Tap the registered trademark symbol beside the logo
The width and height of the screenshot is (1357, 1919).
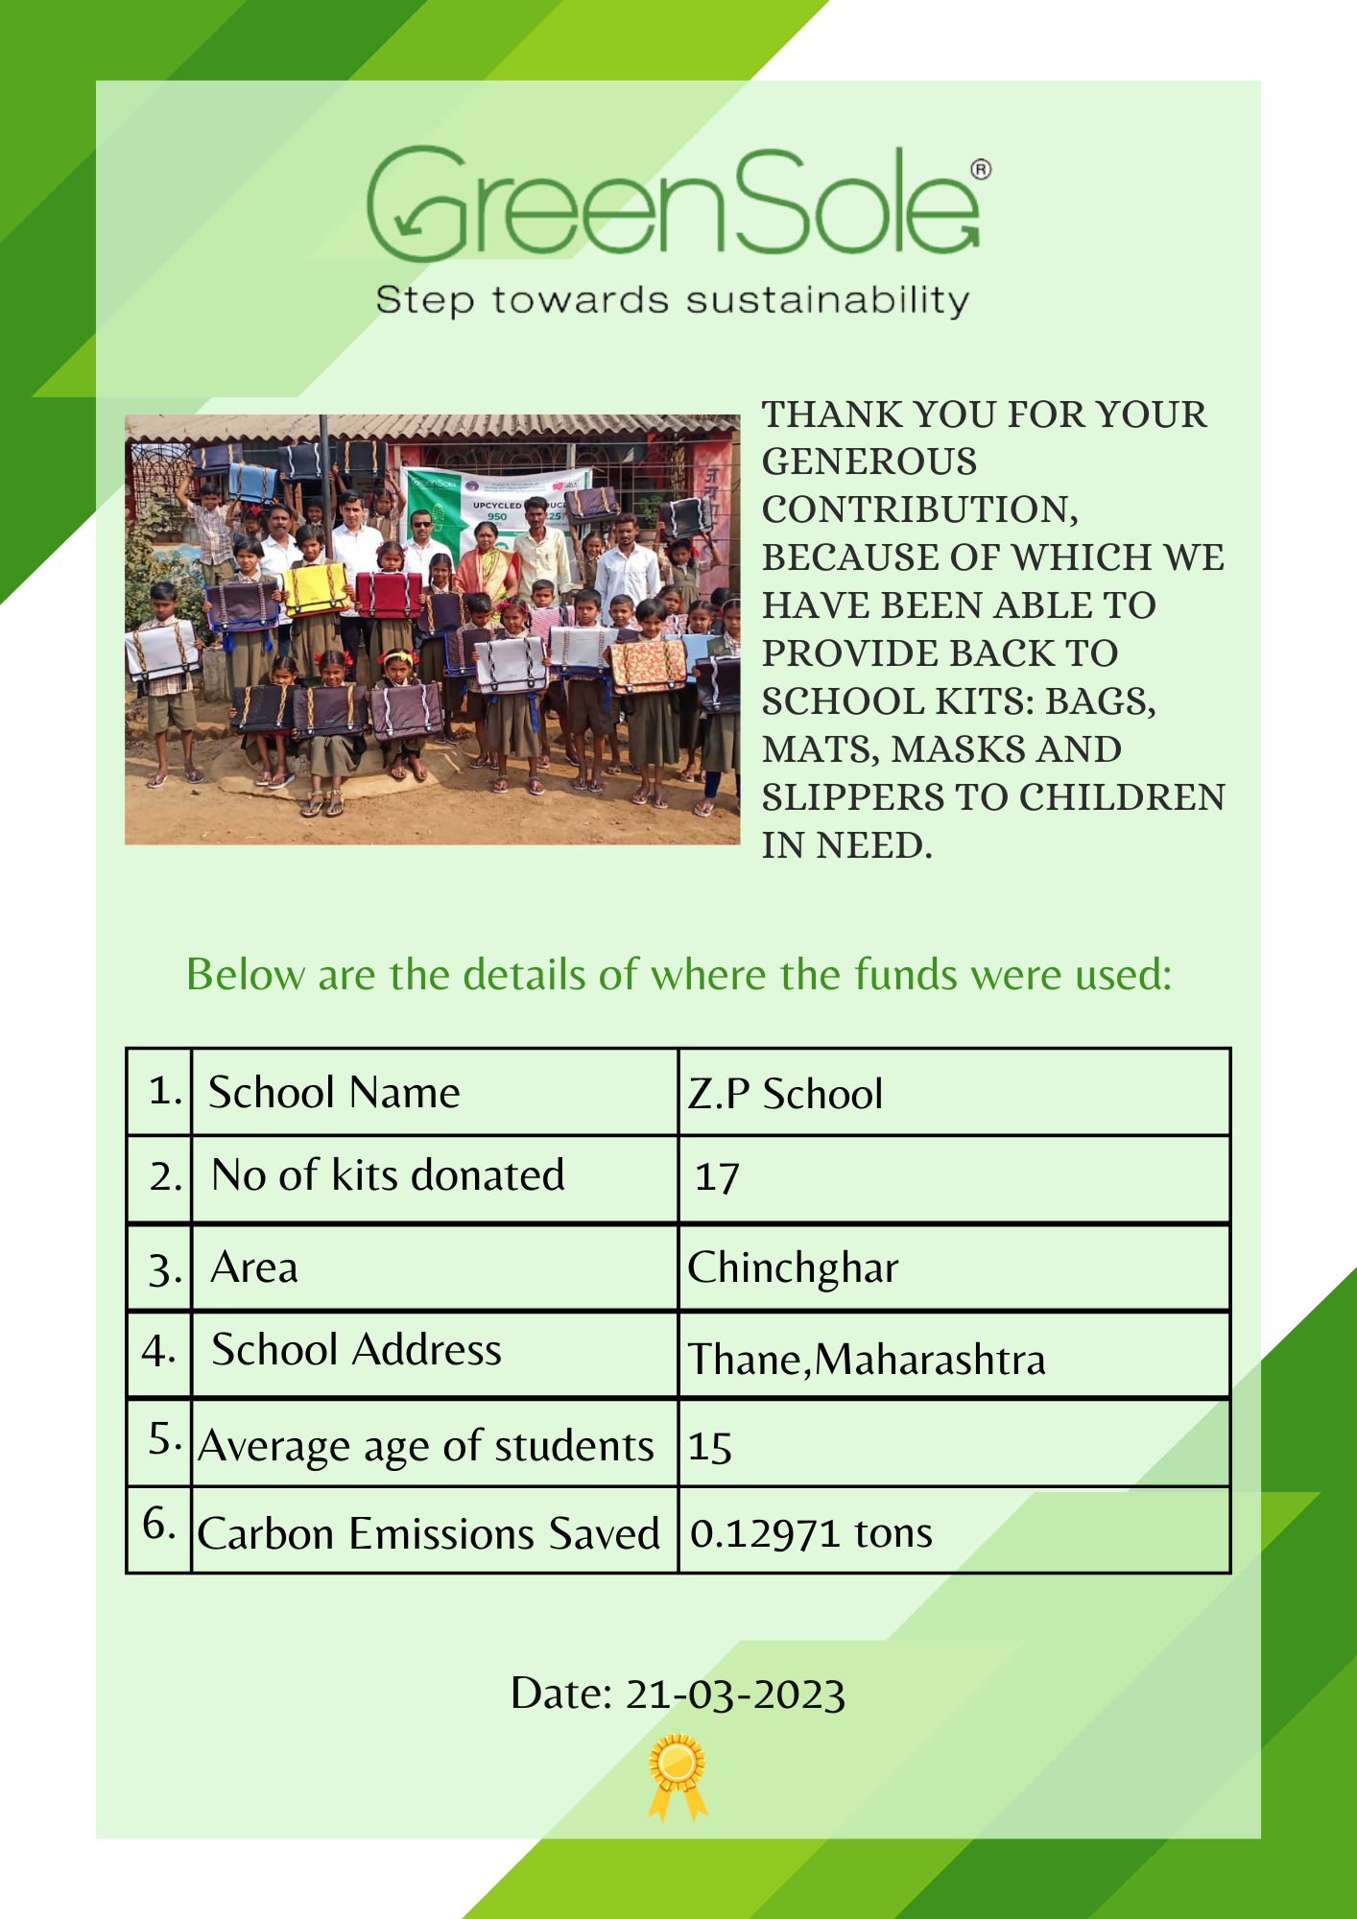(980, 170)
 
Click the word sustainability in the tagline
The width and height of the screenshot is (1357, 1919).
(827, 300)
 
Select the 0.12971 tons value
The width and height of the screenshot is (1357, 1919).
(811, 1533)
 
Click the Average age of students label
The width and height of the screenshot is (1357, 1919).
(426, 1446)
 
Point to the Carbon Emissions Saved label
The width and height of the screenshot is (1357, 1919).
(428, 1533)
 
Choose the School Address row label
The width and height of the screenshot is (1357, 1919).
(356, 1350)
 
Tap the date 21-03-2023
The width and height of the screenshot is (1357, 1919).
(735, 1694)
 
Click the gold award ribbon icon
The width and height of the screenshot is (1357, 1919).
(678, 1775)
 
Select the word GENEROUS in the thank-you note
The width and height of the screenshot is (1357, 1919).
(869, 462)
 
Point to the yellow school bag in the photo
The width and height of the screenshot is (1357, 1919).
(315, 588)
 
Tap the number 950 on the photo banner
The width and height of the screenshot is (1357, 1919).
(496, 516)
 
